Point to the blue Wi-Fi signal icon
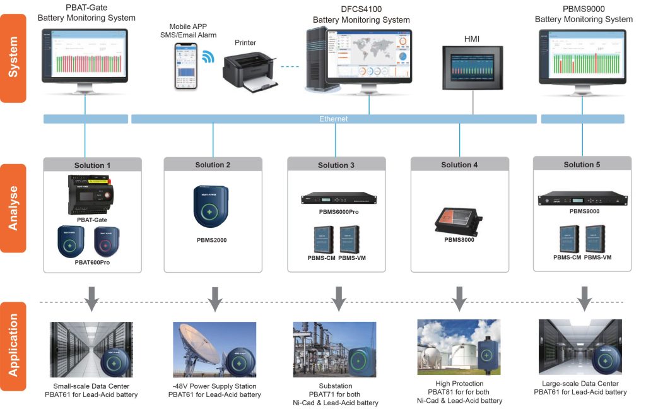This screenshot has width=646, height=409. (208, 58)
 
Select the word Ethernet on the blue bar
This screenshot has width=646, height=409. (333, 119)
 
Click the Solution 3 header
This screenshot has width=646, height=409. (336, 165)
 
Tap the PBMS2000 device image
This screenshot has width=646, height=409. (213, 206)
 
